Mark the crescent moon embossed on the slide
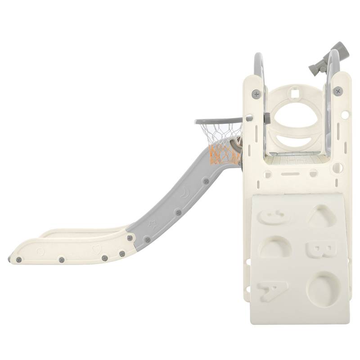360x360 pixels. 186,194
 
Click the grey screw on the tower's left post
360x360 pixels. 256,94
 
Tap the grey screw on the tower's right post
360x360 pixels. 338,91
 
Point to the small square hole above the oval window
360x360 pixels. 295,94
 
